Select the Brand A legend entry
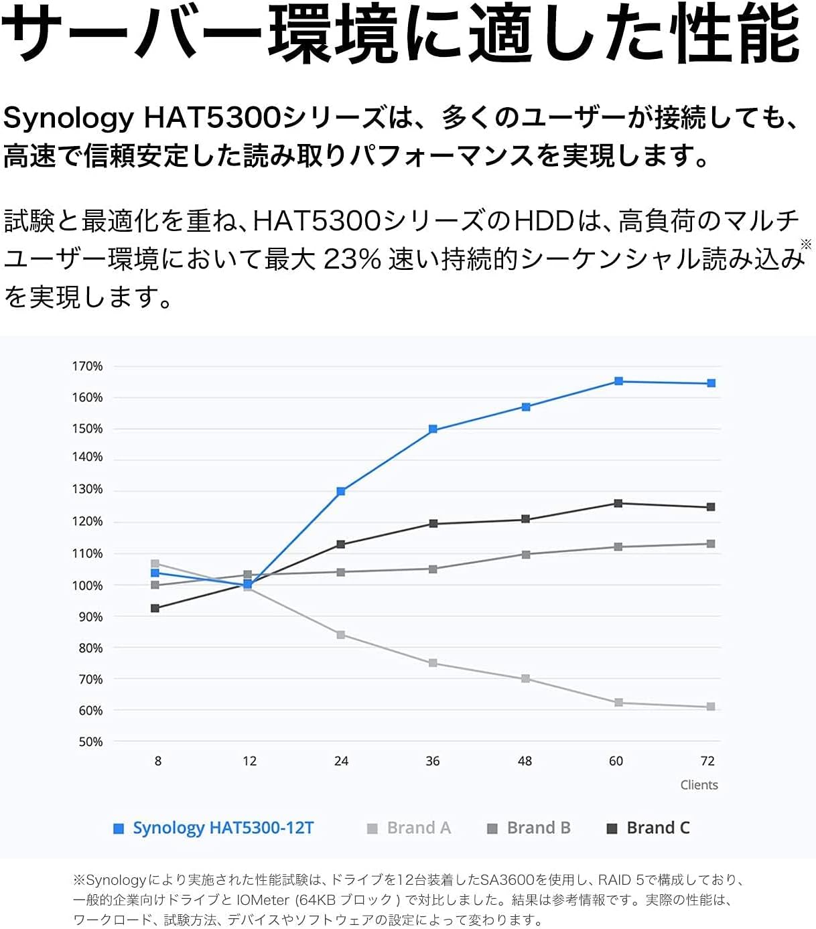click(x=410, y=828)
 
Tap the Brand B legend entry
click(x=530, y=828)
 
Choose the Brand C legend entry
click(x=649, y=828)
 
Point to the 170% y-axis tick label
click(x=88, y=366)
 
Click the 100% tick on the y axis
click(x=88, y=585)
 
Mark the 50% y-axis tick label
click(x=90, y=741)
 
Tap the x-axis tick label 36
click(x=433, y=761)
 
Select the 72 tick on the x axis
click(x=707, y=761)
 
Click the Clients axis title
click(x=699, y=785)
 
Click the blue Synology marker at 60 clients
click(x=618, y=381)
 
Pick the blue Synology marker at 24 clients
click(x=341, y=492)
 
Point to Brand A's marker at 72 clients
click(x=711, y=707)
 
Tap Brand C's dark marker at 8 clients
click(x=155, y=608)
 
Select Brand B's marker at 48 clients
click(x=526, y=555)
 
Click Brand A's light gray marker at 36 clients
click(x=433, y=663)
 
